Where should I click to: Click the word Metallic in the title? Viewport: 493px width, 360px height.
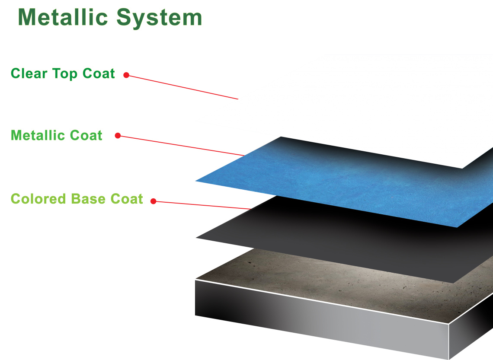[62, 18]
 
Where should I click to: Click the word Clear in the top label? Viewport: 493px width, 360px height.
[29, 73]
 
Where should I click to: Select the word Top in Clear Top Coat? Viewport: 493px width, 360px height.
[65, 74]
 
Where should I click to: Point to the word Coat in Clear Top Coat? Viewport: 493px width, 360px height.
[99, 73]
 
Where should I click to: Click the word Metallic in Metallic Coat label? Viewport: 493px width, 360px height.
[38, 135]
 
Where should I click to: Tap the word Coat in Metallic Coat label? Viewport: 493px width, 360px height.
[87, 135]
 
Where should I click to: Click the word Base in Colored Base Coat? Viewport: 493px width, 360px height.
[88, 199]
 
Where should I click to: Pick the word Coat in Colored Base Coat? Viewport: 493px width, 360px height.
[126, 199]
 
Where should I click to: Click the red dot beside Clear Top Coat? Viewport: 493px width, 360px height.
[126, 75]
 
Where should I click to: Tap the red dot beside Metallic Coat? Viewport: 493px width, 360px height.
[118, 136]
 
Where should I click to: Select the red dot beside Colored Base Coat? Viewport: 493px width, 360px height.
[153, 201]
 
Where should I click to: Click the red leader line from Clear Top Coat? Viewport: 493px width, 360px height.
[182, 86]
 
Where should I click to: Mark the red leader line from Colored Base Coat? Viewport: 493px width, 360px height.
[203, 205]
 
